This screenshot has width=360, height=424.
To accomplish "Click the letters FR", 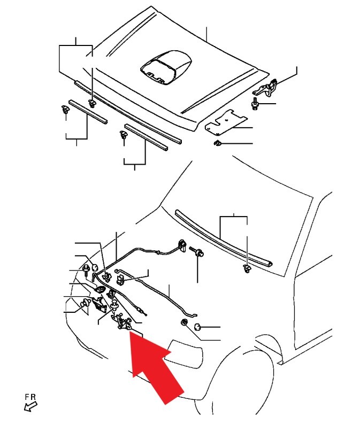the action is (30, 397).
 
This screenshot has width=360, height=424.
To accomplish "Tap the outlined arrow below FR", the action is (30, 406).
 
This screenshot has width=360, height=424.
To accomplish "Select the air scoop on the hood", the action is (166, 67).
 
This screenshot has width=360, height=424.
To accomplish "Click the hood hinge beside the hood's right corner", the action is (266, 88).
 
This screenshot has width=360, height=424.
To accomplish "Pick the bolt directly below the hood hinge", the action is (255, 104).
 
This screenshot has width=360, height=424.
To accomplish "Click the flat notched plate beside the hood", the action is (225, 122).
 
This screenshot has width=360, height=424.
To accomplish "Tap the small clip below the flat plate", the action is (217, 143).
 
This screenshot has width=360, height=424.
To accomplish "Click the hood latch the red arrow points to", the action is (123, 321).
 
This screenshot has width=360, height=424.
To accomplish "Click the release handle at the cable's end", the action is (182, 245).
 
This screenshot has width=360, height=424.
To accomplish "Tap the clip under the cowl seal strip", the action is (247, 268).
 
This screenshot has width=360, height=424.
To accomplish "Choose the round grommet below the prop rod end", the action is (185, 322).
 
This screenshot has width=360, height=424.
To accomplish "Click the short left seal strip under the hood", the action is (88, 111).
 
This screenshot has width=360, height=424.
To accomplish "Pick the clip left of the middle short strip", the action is (124, 134).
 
